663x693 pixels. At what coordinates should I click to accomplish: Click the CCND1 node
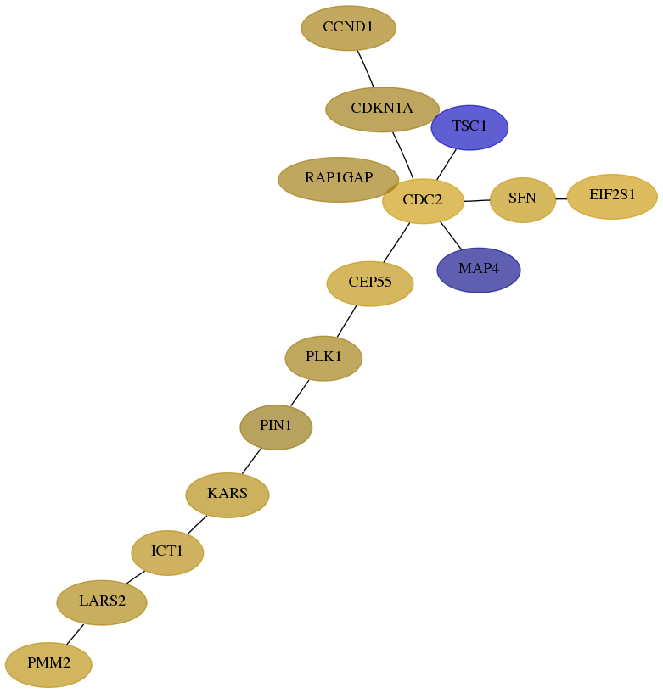tap(349, 28)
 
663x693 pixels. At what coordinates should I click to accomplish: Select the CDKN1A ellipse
tap(382, 109)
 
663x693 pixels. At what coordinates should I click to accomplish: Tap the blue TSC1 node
tap(469, 127)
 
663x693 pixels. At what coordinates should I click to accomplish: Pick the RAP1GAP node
tap(339, 180)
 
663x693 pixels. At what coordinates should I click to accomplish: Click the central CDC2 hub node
tap(423, 201)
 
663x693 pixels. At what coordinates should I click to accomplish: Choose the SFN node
tap(522, 200)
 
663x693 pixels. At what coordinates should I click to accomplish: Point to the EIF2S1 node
tap(612, 196)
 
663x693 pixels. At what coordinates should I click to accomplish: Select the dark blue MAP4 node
tap(479, 270)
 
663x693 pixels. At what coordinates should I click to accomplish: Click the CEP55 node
tap(370, 284)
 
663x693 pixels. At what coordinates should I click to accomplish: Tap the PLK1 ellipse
tap(323, 358)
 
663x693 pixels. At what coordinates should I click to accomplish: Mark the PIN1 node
tap(276, 427)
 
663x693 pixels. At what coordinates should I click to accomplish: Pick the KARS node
tap(228, 495)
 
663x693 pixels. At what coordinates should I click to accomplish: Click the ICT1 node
tap(167, 552)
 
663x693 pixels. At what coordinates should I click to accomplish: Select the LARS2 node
tap(102, 602)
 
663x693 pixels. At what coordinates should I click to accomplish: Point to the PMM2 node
tap(48, 664)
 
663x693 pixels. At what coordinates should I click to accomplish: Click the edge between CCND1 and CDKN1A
tap(366, 69)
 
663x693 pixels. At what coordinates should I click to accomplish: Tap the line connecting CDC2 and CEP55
tap(396, 243)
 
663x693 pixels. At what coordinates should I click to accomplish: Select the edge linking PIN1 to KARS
tap(251, 461)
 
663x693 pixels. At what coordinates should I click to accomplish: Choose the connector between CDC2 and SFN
tap(477, 201)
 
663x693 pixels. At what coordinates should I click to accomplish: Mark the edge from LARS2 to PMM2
tap(76, 634)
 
